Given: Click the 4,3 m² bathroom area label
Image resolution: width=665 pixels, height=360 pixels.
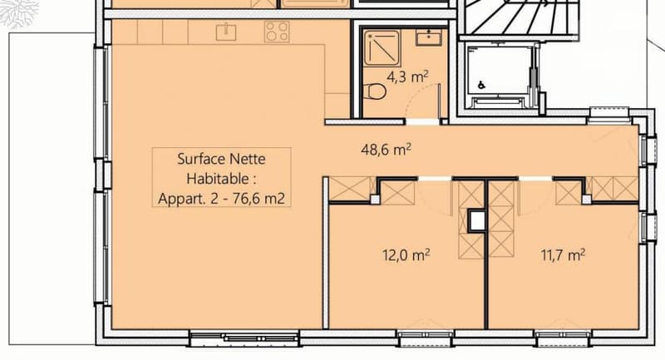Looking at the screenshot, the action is [x=407, y=77].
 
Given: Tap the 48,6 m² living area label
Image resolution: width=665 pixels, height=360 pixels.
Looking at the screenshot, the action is [x=386, y=150].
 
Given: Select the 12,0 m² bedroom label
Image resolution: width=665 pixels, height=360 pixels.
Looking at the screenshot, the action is [x=406, y=255].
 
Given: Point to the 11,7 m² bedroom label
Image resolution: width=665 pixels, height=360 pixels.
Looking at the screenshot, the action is [x=563, y=255].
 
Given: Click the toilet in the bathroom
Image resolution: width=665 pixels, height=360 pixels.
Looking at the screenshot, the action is [x=374, y=91].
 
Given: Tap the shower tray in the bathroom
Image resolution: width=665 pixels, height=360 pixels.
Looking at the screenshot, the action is [x=382, y=48].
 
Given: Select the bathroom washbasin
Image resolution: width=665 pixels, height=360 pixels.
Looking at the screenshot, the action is [x=429, y=37].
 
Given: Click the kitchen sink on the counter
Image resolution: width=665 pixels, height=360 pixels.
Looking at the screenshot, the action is [x=226, y=32].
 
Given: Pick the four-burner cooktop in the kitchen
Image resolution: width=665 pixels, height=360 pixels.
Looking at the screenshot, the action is [x=277, y=32].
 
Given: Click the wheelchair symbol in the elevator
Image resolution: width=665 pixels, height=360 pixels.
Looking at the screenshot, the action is [x=481, y=85].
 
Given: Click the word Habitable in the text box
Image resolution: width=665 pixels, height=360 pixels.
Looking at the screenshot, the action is [x=217, y=179].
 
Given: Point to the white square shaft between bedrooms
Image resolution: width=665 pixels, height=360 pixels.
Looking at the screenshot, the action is [x=477, y=220].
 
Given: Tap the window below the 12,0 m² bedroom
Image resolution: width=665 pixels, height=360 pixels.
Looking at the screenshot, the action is [x=426, y=337].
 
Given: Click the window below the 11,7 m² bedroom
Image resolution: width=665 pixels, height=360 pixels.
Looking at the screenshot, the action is [x=563, y=337].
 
